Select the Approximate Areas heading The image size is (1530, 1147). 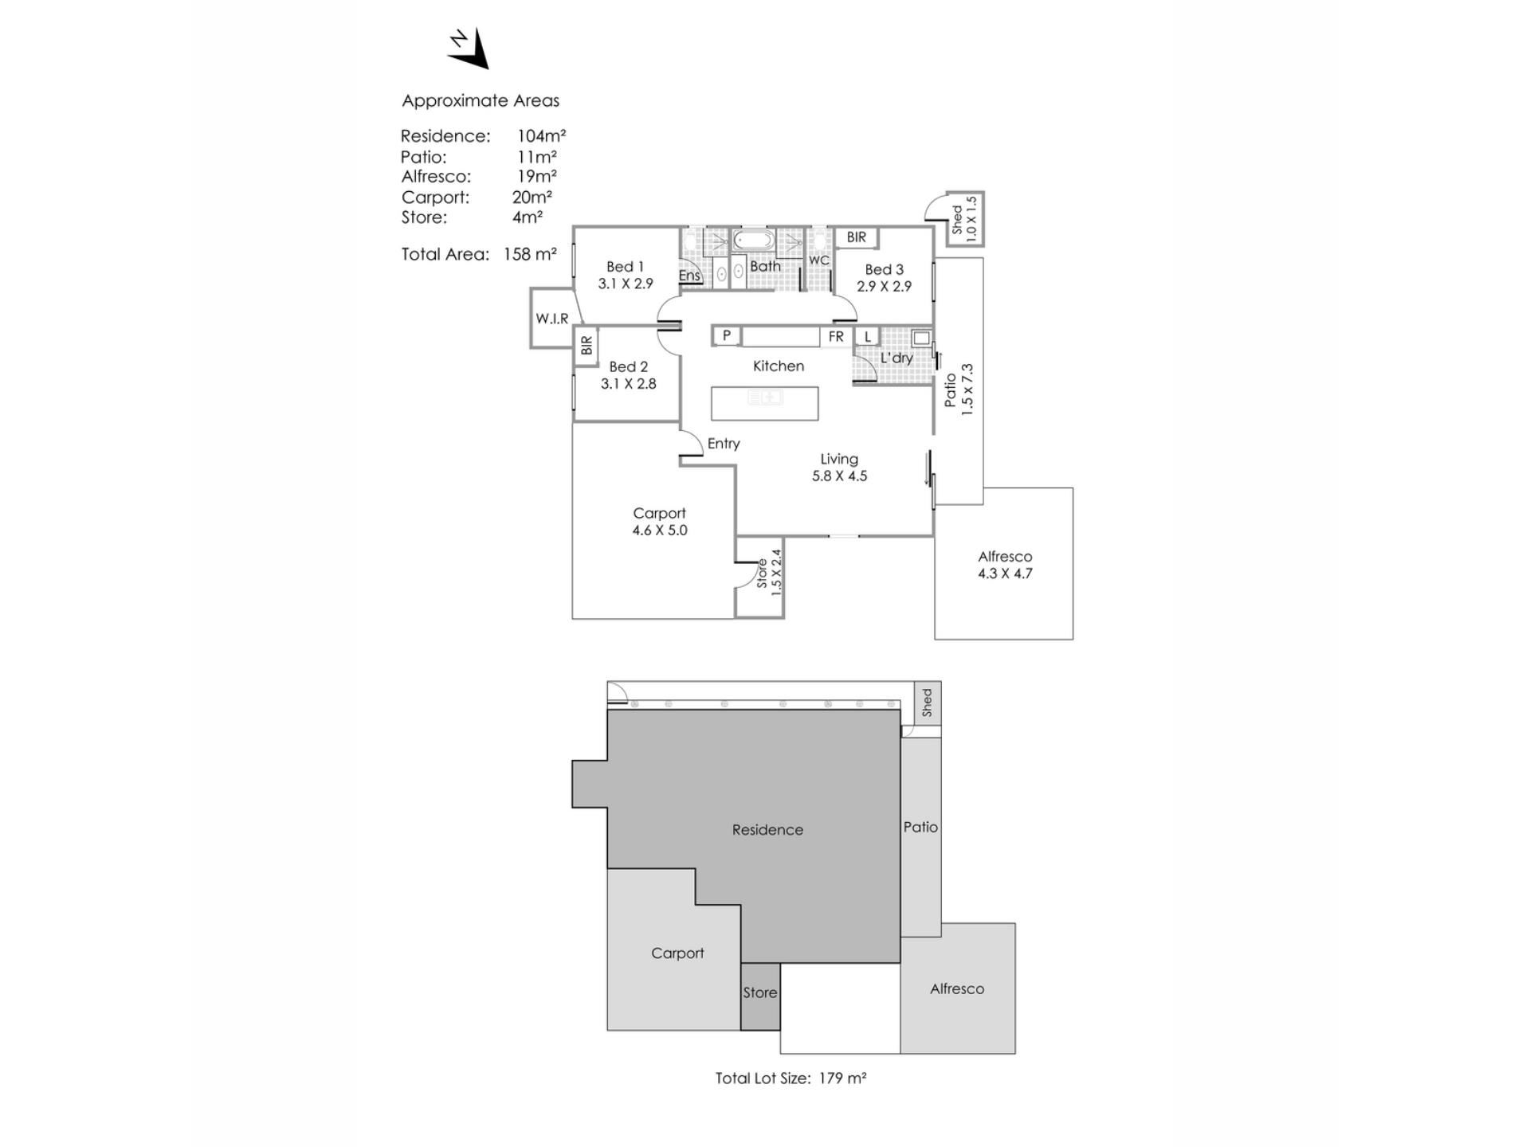[x=481, y=101]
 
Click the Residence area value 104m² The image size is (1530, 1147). [x=541, y=135]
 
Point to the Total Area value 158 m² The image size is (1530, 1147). [x=530, y=254]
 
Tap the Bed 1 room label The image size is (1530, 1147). [x=625, y=267]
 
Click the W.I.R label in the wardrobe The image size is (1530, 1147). [x=552, y=319]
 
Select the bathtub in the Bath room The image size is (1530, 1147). [x=753, y=240]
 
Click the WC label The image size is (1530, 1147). [x=819, y=260]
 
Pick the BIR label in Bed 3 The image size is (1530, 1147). [x=857, y=237]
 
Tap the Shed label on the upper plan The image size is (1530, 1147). [x=957, y=219]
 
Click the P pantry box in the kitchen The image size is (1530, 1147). [x=726, y=336]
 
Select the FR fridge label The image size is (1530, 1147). [x=836, y=337]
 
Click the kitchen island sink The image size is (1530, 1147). [x=764, y=397]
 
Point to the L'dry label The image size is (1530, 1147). [x=896, y=358]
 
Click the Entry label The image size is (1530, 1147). [x=724, y=444]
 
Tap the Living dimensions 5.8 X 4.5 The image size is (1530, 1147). [x=840, y=476]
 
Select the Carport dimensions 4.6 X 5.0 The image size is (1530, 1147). [x=660, y=530]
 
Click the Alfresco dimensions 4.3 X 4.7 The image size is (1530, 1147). [x=1006, y=573]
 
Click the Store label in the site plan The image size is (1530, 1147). [x=760, y=993]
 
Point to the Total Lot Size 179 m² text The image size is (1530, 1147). [x=790, y=1078]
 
